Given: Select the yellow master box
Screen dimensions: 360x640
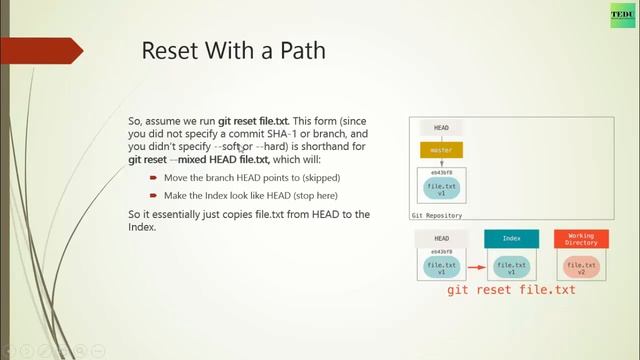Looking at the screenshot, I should click(x=441, y=151).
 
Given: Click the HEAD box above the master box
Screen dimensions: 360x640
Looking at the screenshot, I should click(x=441, y=128).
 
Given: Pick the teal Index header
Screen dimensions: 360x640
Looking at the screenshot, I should click(x=512, y=238).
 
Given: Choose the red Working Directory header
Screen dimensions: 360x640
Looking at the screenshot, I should click(x=581, y=238).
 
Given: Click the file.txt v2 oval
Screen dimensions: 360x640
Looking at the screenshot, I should click(x=581, y=267).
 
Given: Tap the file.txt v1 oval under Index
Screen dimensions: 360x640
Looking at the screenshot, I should click(x=512, y=267).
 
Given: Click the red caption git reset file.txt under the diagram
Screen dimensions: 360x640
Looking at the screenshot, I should click(x=512, y=290).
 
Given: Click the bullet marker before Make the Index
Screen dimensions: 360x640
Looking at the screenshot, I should click(x=154, y=196).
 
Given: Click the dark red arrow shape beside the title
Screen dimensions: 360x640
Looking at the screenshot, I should click(x=50, y=51).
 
